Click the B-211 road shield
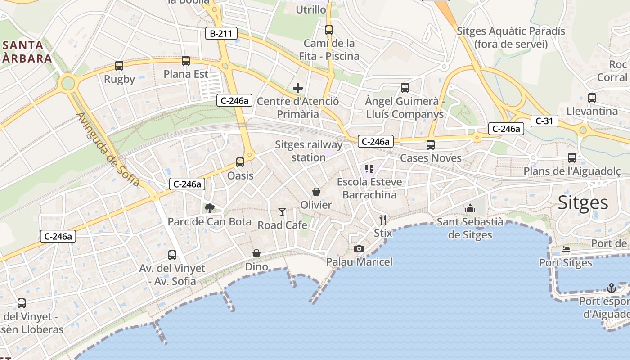[x=221, y=33]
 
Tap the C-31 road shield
[x=544, y=121]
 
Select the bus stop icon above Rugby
[x=119, y=66]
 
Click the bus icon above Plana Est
[x=186, y=61]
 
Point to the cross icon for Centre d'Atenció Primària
[x=297, y=88]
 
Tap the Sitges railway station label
[x=309, y=151]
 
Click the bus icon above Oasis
[x=240, y=162]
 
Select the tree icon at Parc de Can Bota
[x=209, y=208]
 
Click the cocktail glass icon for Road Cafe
[x=282, y=211]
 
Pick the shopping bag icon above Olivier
[x=316, y=192]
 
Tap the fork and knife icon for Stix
[x=383, y=220]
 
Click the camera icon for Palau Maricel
[x=359, y=248]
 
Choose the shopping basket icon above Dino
[x=256, y=253]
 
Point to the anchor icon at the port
[x=611, y=288]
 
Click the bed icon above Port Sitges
[x=566, y=249]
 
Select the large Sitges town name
[x=583, y=203]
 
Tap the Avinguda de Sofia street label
[x=108, y=149]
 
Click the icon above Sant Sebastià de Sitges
[x=470, y=208]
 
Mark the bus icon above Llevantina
[x=592, y=98]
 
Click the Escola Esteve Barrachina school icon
[x=369, y=169]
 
